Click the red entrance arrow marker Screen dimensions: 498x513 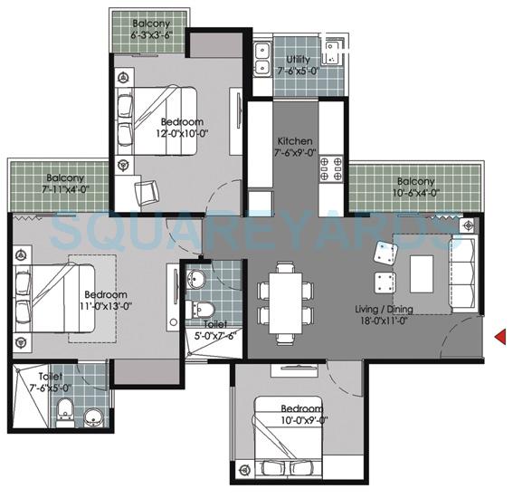pyautogui.click(x=499, y=338)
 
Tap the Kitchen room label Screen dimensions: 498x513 pyautogui.click(x=295, y=141)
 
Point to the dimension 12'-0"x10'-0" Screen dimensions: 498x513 pyautogui.click(x=182, y=133)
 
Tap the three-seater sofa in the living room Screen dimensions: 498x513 pyautogui.click(x=463, y=273)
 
